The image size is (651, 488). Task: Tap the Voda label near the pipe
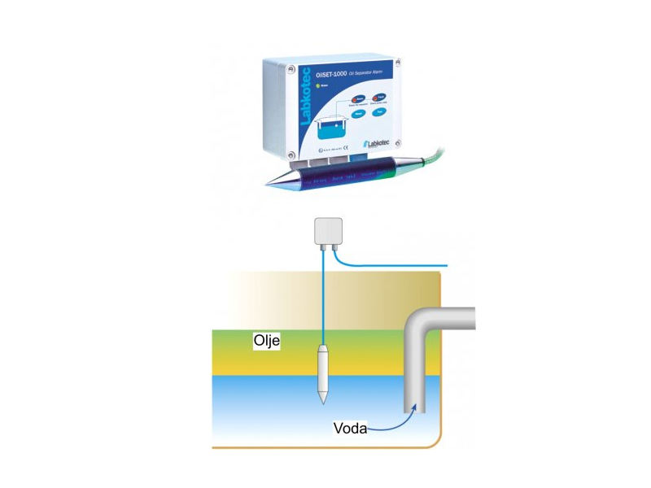[350, 428]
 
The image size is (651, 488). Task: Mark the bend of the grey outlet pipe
[420, 326]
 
